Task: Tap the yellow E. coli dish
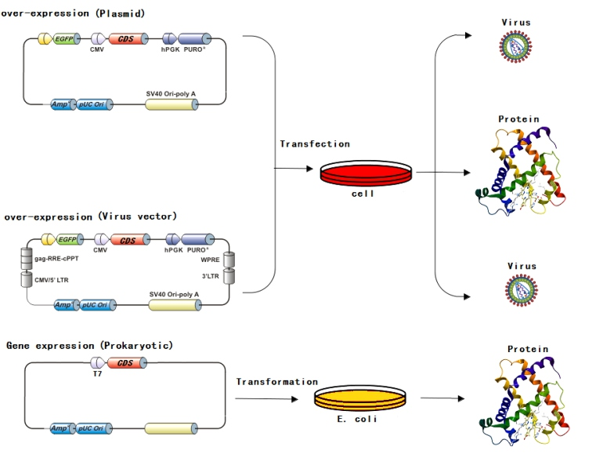point(362,398)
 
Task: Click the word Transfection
point(315,144)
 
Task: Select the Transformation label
point(277,382)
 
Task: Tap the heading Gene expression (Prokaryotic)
point(89,345)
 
